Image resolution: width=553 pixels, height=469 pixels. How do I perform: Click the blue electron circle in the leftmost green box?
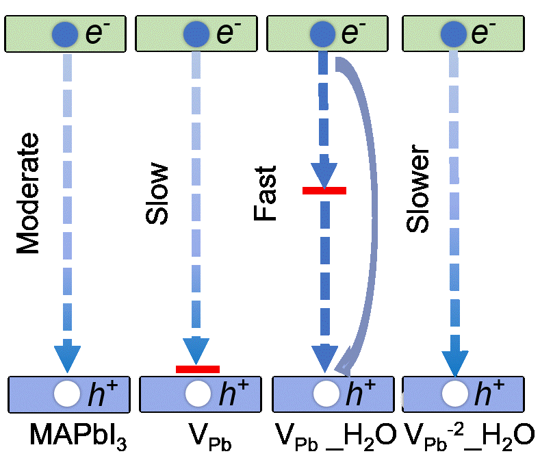(x=66, y=34)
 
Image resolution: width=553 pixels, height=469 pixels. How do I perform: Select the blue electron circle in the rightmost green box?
(x=453, y=34)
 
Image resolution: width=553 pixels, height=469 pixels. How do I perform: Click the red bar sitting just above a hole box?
(x=198, y=369)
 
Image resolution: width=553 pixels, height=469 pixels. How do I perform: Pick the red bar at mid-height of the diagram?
(x=324, y=190)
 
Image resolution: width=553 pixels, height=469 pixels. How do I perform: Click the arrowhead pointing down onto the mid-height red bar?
(x=324, y=174)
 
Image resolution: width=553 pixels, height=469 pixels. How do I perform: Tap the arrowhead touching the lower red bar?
(x=196, y=351)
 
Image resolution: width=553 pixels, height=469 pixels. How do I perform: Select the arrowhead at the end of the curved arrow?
(x=344, y=363)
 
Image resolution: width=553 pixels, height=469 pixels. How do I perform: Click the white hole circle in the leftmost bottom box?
(x=67, y=394)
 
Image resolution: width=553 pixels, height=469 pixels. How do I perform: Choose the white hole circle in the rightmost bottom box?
(x=455, y=394)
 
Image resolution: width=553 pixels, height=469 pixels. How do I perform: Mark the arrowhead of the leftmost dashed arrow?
(x=67, y=357)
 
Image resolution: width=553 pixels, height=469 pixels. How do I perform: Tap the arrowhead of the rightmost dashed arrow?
(x=455, y=363)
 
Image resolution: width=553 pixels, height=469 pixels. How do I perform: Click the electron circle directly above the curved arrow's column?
(x=322, y=34)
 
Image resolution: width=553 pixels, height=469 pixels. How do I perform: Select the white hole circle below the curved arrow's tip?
(x=326, y=394)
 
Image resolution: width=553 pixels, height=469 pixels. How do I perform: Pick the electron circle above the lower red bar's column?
(x=196, y=34)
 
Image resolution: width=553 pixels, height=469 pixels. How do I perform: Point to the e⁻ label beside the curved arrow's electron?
(x=353, y=34)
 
